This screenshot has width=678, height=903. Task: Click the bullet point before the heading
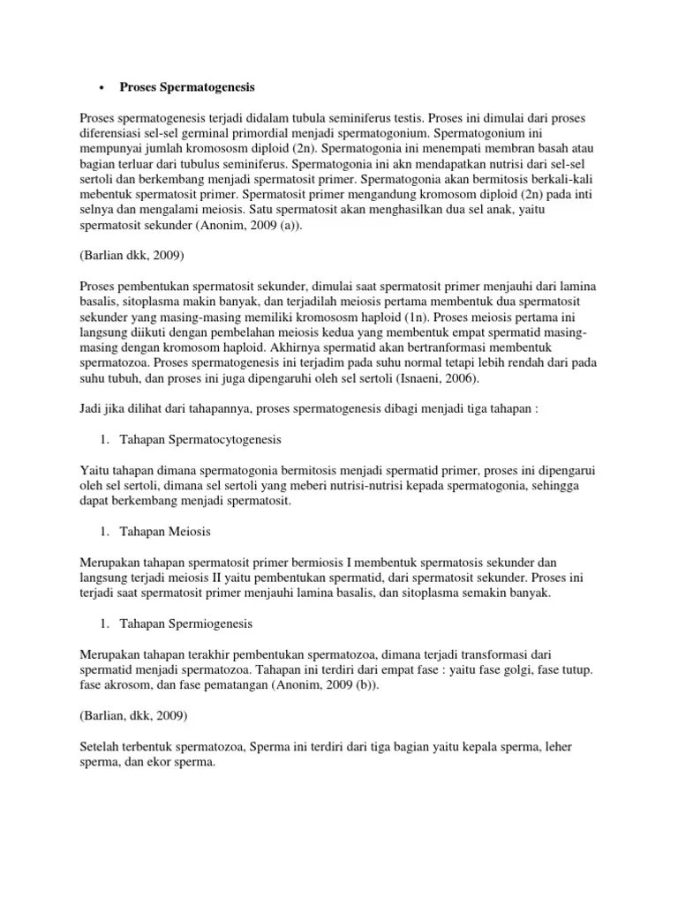point(103,88)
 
